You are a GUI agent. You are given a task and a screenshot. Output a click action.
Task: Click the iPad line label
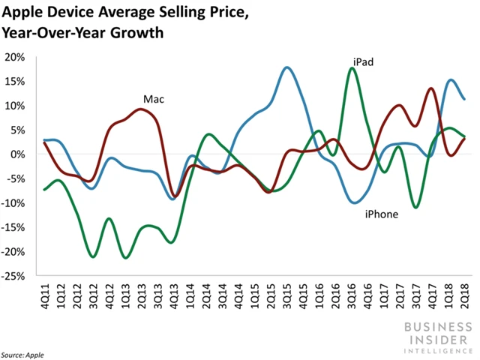[363, 61]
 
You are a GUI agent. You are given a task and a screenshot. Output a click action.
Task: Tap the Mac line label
[154, 99]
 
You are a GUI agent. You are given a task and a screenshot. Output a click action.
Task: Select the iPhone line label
[382, 214]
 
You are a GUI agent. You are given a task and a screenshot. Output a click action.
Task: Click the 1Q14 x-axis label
[191, 294]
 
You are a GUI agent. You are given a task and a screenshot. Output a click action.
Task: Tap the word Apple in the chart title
[27, 13]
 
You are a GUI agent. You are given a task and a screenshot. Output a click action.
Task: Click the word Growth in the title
[142, 33]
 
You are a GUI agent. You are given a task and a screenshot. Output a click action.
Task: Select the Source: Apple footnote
[22, 352]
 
